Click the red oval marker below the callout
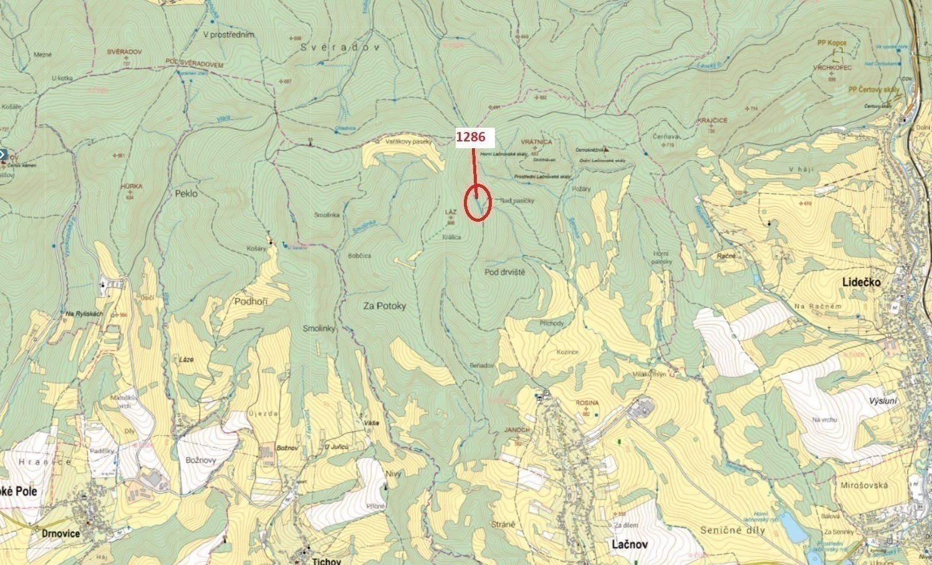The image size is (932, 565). pos(478,203)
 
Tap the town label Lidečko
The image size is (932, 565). pos(862,282)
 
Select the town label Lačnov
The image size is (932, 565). pos(629,544)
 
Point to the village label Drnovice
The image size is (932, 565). pos(60,534)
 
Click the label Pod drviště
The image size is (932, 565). pos(505,272)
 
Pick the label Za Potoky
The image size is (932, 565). pos(385,306)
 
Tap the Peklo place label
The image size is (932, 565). pos(186,194)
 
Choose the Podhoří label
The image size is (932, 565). pos(251,301)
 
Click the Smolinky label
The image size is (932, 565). pos(319,328)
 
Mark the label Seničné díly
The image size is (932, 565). pos(733,530)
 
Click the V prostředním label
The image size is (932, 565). pos(229,35)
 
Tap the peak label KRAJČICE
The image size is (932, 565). pos(713,120)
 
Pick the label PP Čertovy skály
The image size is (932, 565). pos(874,90)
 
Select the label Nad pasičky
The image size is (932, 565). pos(517,201)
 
